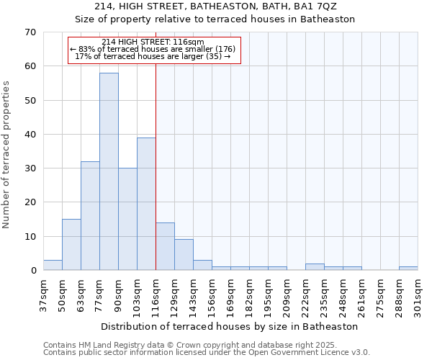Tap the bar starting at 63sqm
(x=90, y=216)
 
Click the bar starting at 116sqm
(x=165, y=247)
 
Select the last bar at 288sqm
(x=408, y=269)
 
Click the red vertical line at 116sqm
(x=156, y=180)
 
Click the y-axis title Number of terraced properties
(x=7, y=154)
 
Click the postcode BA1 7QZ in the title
(x=317, y=6)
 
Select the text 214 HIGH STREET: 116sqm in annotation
(x=153, y=42)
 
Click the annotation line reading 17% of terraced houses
(x=153, y=56)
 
